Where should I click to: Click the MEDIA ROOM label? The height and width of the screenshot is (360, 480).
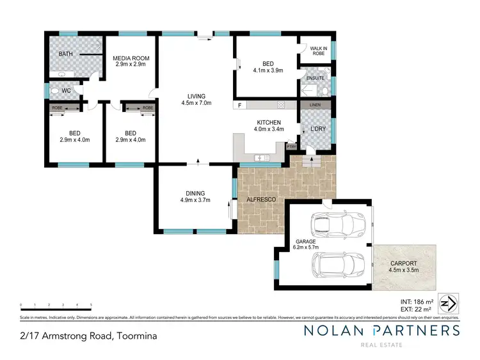point(131,58)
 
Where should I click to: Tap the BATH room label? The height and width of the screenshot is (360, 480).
point(66,54)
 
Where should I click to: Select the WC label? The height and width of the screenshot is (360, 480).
point(67,91)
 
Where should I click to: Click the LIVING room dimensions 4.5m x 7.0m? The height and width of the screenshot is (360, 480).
point(196,102)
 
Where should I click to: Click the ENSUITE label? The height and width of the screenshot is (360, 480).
point(315,79)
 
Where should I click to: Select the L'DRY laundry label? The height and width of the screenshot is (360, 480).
point(318,129)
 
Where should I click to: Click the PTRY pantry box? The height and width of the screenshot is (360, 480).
point(291,146)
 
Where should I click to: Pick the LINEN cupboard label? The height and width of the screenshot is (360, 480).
point(315,105)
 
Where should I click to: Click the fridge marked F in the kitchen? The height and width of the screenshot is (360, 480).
point(239,105)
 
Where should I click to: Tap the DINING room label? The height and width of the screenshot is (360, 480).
point(196,193)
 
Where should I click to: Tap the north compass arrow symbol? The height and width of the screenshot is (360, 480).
point(451,302)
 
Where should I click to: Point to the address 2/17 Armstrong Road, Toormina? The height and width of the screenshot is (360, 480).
point(88,335)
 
